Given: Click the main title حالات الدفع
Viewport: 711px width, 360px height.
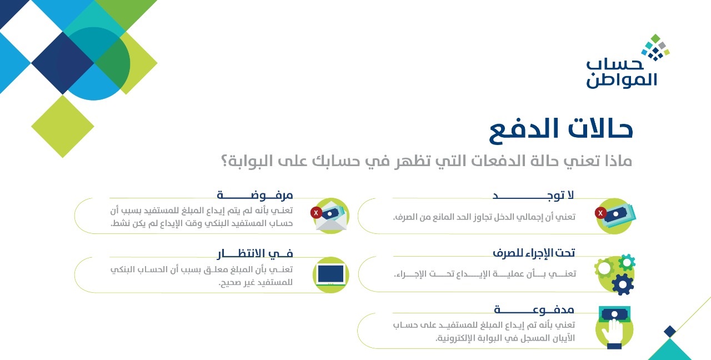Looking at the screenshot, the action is click(x=561, y=130).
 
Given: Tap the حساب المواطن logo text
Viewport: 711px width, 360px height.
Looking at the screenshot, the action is click(x=621, y=74).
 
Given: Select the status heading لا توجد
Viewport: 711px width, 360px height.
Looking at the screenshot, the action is click(x=533, y=195).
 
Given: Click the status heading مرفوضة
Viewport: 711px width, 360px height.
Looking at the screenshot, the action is click(x=255, y=195).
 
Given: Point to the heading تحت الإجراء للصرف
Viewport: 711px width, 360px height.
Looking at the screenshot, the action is click(x=534, y=253).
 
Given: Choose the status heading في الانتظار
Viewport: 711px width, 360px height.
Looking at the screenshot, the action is click(x=255, y=253).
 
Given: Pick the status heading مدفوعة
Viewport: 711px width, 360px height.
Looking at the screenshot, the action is click(x=534, y=309).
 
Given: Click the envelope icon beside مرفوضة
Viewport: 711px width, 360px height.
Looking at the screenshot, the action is click(x=330, y=219).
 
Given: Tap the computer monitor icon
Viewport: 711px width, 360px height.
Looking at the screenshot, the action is click(x=331, y=274).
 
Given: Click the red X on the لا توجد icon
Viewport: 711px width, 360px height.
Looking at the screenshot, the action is click(x=600, y=213).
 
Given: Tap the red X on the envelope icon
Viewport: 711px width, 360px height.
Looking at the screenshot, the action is click(x=316, y=213).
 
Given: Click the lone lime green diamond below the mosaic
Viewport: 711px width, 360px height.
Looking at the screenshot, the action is click(x=63, y=126).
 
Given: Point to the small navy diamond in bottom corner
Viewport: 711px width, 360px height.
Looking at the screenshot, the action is click(x=670, y=332).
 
